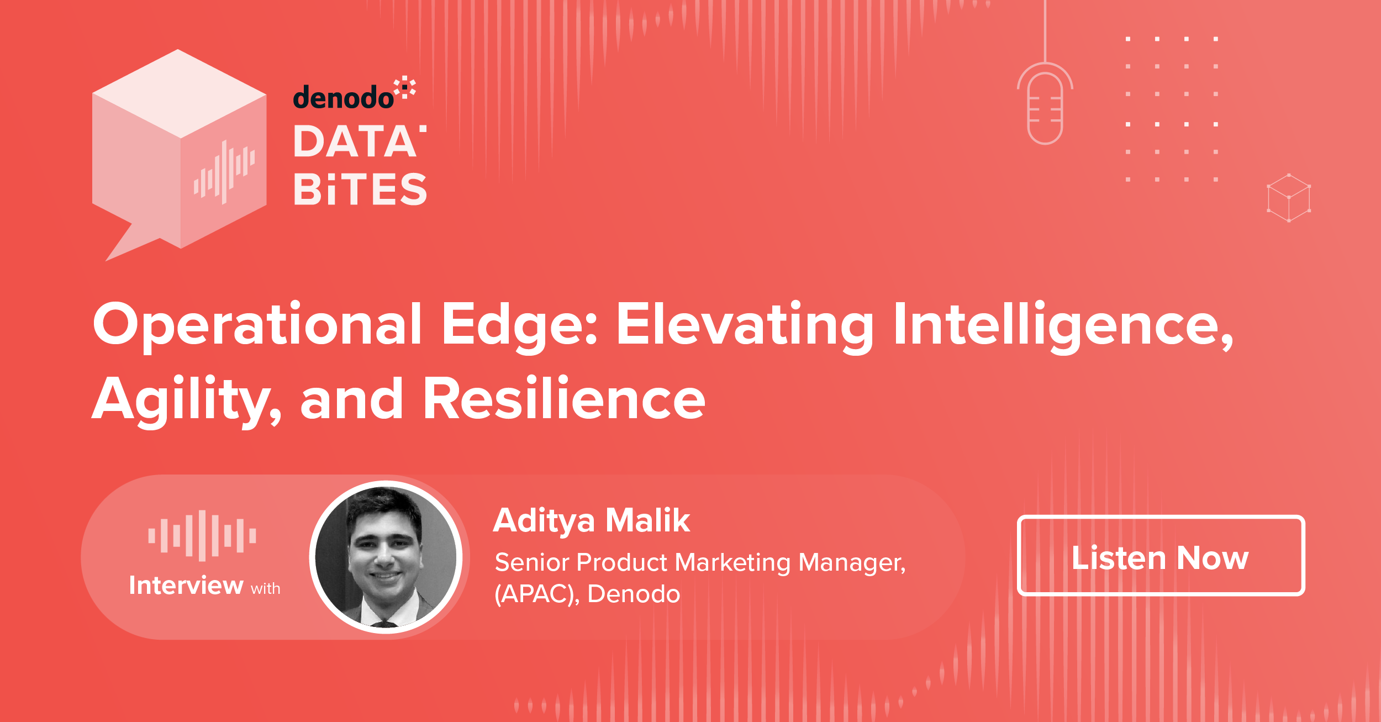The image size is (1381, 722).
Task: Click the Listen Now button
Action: [1161, 556]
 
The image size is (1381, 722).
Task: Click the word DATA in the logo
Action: [359, 141]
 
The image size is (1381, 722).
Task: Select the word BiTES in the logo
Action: [360, 189]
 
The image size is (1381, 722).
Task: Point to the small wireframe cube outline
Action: [1289, 198]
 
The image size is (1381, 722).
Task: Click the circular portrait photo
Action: [386, 557]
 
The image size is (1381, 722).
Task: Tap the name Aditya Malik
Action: [592, 520]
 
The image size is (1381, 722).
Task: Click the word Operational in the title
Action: [257, 326]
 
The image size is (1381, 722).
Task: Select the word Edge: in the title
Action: [520, 326]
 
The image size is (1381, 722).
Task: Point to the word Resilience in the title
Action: [564, 399]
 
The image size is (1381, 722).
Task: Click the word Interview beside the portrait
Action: [186, 586]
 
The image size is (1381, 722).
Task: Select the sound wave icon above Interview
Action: [202, 536]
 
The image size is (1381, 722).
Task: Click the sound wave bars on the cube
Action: [224, 172]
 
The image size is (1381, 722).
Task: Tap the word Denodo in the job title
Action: [634, 594]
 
